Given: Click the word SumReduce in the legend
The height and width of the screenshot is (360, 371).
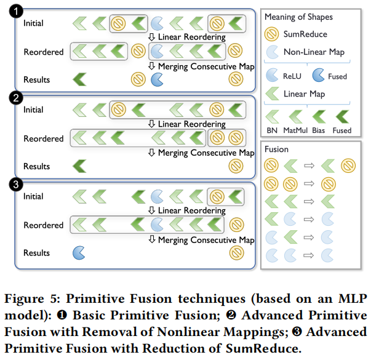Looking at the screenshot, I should tap(305, 34).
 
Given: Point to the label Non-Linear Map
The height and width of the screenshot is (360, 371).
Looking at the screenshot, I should tap(314, 52).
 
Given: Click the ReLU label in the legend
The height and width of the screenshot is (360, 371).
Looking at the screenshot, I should tap(293, 77).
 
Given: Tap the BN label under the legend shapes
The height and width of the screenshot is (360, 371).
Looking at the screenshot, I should tap(271, 130).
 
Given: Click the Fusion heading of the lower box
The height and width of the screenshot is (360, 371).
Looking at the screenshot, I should tap(276, 150).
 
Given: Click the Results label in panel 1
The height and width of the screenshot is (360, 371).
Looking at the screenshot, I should tap(36, 79).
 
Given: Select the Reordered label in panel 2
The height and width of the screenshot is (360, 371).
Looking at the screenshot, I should tap(44, 138).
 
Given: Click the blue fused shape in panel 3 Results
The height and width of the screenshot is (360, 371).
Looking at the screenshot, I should tap(79, 252).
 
